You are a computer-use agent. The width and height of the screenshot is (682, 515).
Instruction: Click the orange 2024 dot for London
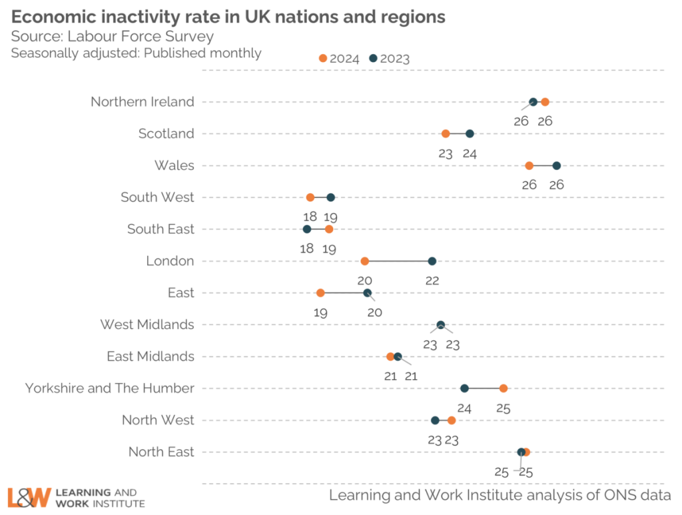coord(364,261)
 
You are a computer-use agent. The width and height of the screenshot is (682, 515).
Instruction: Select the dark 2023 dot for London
coord(432,261)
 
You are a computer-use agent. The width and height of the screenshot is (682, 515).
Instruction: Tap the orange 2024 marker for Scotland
coord(446,134)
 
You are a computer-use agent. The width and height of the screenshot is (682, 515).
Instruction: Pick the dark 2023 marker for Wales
coord(557,166)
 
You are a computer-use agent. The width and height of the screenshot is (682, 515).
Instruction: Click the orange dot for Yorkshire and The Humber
coord(504,388)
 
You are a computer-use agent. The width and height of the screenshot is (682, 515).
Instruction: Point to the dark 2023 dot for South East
coord(307,229)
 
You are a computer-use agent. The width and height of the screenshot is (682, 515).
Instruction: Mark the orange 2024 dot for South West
coord(310,197)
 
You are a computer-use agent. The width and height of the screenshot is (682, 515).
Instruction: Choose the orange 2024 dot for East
coord(320,293)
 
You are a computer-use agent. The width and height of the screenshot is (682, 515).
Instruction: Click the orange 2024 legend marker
coord(323,59)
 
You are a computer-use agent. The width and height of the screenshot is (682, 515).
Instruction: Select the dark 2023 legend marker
coord(374,59)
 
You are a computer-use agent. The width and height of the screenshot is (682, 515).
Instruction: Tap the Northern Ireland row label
coord(143,102)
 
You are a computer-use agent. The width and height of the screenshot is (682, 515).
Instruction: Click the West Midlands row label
coord(147,324)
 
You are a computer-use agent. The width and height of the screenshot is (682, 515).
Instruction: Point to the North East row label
coord(161,452)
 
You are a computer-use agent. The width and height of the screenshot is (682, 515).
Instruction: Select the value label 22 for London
coord(432,280)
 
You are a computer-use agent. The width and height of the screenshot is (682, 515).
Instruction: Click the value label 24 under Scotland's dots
coord(470,153)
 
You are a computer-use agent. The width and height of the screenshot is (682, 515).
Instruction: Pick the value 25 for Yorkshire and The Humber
coord(504,408)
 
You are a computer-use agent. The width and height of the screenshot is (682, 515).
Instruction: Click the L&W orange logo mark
coord(29,497)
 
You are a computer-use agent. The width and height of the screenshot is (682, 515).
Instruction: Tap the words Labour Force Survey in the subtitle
coord(141,36)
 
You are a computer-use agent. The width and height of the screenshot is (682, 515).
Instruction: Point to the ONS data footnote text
coord(500,494)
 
